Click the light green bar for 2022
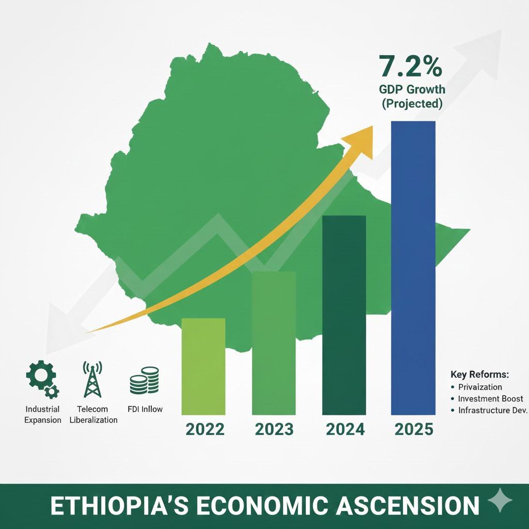tap(203, 366)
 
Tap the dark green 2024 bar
tap(344, 315)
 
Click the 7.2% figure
tap(410, 66)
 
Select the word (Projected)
tap(412, 103)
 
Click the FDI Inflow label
tap(145, 409)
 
